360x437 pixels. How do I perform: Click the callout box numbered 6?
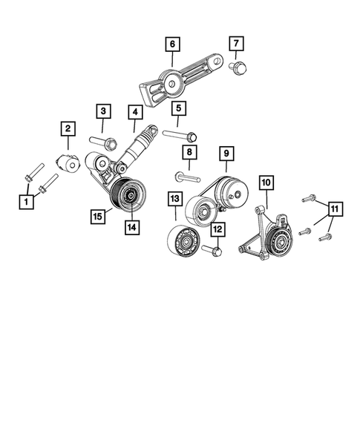click(x=172, y=44)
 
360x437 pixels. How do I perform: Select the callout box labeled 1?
click(x=27, y=201)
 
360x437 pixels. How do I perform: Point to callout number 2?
click(x=68, y=130)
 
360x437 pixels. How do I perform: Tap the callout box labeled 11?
click(x=335, y=210)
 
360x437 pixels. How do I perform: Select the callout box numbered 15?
click(x=97, y=216)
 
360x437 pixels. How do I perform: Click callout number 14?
click(x=132, y=229)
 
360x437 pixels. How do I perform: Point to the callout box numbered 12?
click(x=217, y=230)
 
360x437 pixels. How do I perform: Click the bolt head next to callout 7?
click(x=240, y=69)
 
